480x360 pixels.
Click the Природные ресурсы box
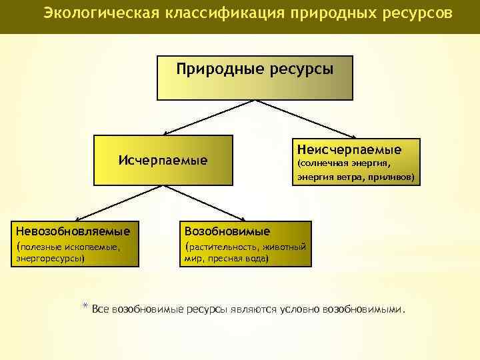point(255,77)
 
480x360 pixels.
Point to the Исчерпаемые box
point(163,160)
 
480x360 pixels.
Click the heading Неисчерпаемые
point(349,149)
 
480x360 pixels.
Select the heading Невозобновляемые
point(73,231)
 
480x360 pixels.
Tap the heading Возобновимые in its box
point(227,231)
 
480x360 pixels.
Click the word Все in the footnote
point(101,309)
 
